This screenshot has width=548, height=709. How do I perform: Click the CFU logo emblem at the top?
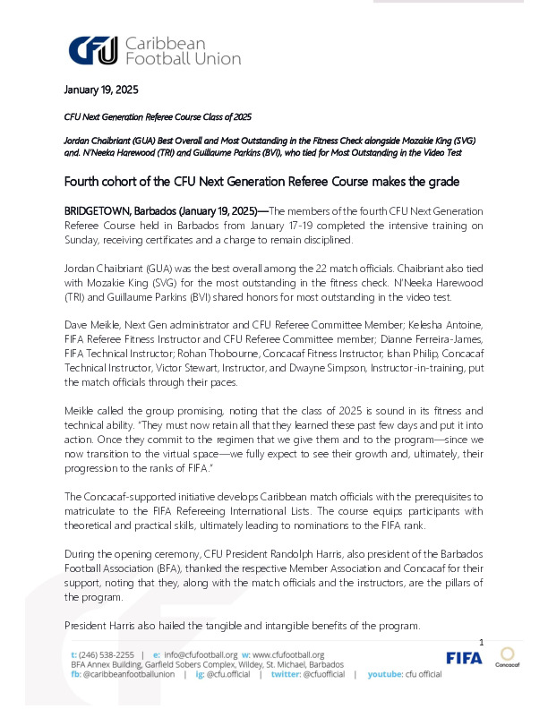(93, 51)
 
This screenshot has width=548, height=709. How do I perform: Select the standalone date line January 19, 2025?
(100, 90)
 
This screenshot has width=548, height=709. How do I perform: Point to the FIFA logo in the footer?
(464, 658)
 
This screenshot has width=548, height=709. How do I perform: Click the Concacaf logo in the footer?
(508, 657)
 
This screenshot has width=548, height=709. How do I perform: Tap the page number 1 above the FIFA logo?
(482, 643)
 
